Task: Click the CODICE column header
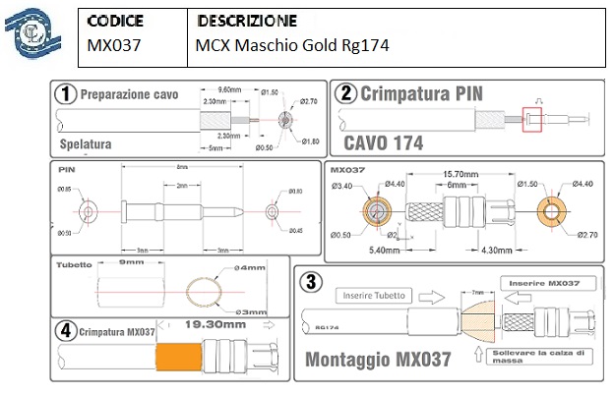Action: point(115,21)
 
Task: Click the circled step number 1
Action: point(66,94)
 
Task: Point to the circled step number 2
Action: point(345,94)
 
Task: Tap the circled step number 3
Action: point(312,281)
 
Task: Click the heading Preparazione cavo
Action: point(129,94)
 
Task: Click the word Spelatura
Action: point(86,143)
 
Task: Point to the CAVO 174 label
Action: point(383,142)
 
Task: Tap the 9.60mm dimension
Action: point(229,88)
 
